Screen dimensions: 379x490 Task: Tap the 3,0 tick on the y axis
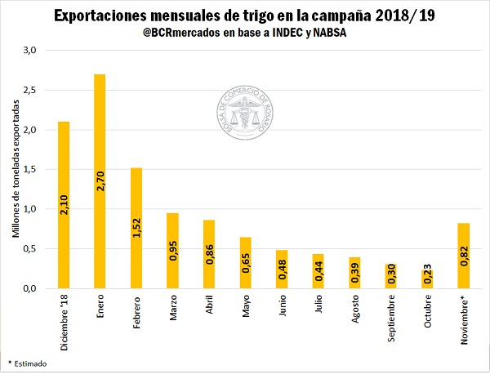(30, 50)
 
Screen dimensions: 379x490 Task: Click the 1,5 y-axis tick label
(30, 169)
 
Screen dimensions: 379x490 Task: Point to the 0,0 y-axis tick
(30, 288)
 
